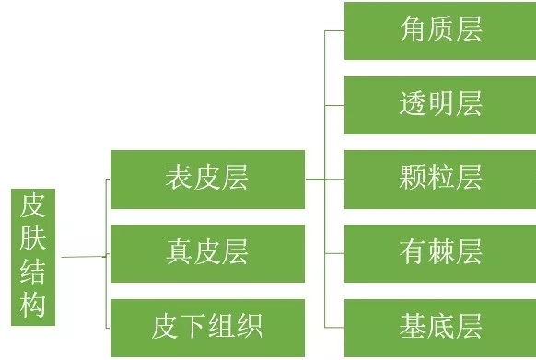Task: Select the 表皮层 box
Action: click(x=207, y=176)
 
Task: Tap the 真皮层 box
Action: click(x=207, y=251)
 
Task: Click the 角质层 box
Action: click(x=439, y=29)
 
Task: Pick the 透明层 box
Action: click(x=439, y=104)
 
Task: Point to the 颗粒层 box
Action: click(x=439, y=178)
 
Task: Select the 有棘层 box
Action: click(x=439, y=250)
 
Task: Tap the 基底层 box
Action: click(x=439, y=325)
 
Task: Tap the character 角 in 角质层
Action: click(x=413, y=29)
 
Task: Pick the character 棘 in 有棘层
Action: click(x=440, y=250)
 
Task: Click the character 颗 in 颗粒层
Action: click(x=413, y=178)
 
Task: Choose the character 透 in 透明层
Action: click(x=413, y=104)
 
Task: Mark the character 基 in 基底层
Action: click(x=413, y=325)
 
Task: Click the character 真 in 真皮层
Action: click(x=180, y=251)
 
